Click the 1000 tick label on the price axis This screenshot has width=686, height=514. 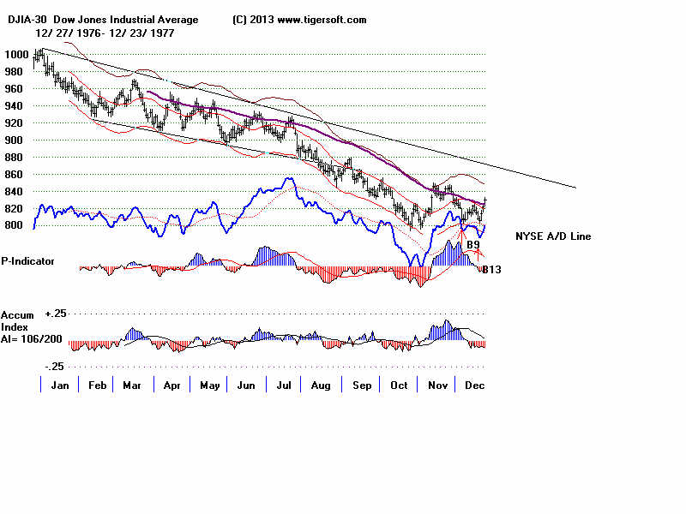14,54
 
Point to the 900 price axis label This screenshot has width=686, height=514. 14,140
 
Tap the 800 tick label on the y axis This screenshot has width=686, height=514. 14,225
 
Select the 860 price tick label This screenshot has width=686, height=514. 14,174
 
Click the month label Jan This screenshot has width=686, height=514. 60,385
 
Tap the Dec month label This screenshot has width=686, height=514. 473,385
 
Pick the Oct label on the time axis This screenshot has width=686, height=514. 398,385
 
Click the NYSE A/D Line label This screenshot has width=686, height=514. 552,236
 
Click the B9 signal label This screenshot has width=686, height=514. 472,245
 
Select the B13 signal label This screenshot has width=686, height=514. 490,270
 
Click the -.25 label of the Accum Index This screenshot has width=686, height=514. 56,366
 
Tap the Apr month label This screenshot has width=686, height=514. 171,385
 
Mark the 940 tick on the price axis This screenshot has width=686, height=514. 14,105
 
